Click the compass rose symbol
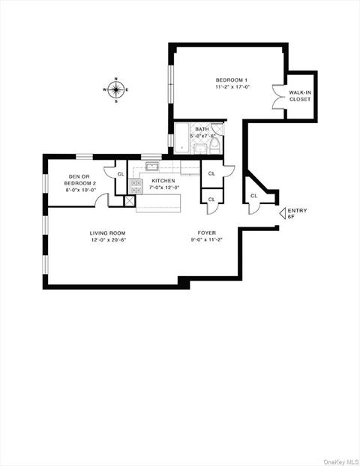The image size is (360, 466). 115,90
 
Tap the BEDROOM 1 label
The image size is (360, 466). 229,80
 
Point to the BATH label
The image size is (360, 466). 202,129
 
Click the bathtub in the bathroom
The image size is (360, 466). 181,140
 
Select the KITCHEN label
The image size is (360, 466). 163,181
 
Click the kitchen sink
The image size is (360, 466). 151,167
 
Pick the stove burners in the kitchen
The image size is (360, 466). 137,185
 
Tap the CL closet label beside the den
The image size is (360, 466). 120,174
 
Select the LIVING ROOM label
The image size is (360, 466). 108,233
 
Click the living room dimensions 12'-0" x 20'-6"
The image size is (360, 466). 108,241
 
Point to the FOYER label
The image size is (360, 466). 207,233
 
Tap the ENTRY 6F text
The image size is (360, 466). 297,213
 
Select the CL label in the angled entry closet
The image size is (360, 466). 253,196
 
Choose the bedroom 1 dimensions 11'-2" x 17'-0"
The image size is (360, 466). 229,87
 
